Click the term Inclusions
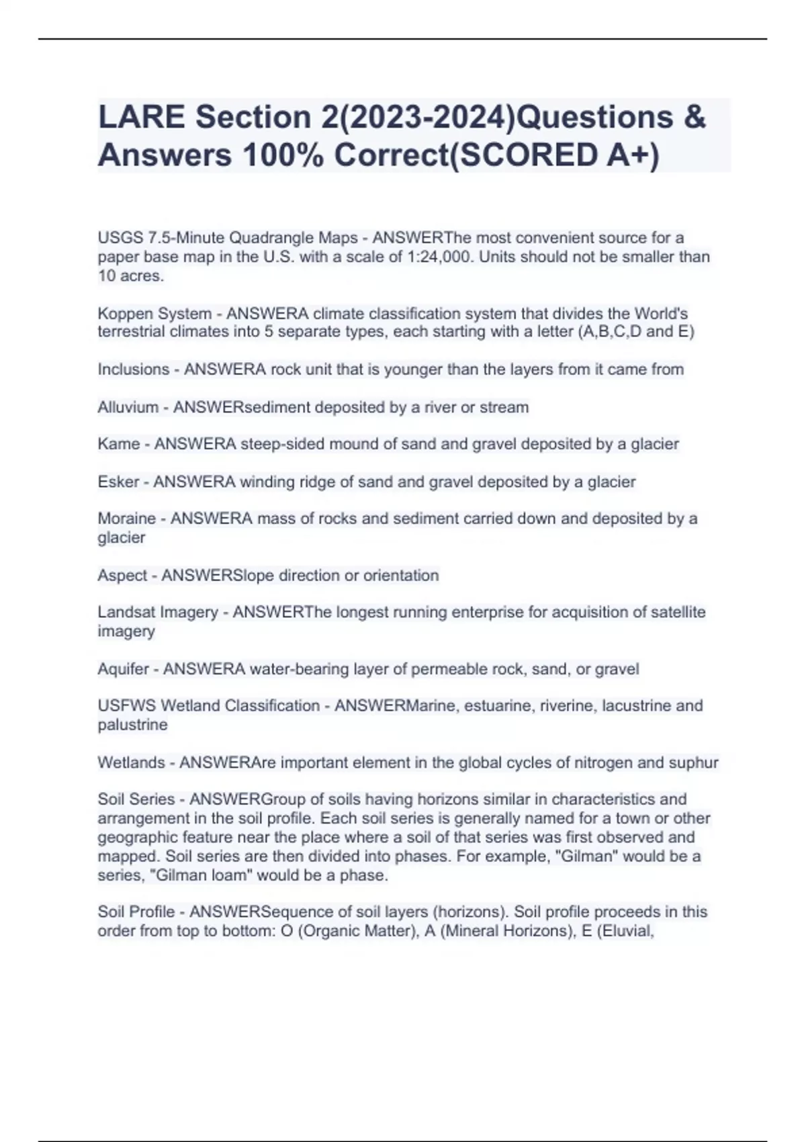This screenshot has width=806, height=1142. click(134, 369)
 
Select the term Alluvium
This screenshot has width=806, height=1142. click(128, 407)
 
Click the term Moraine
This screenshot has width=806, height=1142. click(127, 519)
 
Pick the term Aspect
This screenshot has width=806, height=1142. click(122, 576)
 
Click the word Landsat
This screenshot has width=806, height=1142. click(124, 612)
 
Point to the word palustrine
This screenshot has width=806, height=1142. click(132, 725)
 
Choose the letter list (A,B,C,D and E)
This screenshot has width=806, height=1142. click(635, 332)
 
